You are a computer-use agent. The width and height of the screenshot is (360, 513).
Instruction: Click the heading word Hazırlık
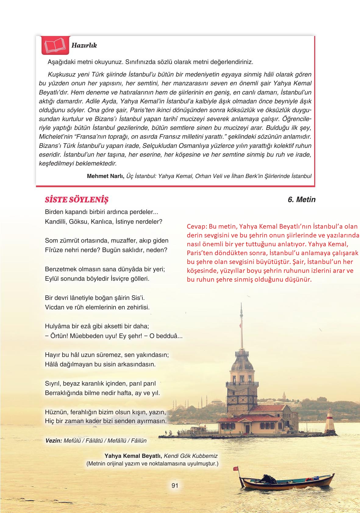(84, 45)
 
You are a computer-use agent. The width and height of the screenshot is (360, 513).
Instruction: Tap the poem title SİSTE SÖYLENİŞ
(77, 200)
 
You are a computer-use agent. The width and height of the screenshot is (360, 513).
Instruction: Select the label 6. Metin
(301, 200)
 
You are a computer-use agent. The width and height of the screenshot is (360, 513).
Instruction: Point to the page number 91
(175, 486)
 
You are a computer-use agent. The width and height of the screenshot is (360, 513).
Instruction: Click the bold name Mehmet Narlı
(105, 176)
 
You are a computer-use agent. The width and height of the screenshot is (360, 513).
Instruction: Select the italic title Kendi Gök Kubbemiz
(191, 456)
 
